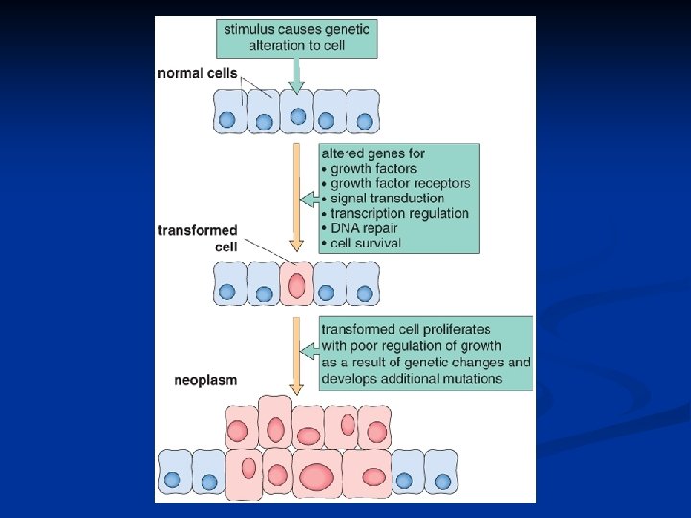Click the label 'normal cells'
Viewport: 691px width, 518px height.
tap(199, 74)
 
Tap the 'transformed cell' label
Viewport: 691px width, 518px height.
tap(199, 238)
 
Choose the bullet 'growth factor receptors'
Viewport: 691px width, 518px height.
tap(400, 183)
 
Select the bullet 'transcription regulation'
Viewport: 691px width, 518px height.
tap(399, 213)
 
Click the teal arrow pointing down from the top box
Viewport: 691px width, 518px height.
tap(298, 75)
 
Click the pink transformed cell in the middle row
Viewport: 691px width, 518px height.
tap(298, 285)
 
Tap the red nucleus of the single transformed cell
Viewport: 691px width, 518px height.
tap(298, 286)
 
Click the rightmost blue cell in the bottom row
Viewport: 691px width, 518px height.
tap(441, 474)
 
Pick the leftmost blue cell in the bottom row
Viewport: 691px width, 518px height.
tap(174, 474)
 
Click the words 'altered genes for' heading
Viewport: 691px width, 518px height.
tap(373, 153)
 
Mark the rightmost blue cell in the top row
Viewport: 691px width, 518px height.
tap(363, 111)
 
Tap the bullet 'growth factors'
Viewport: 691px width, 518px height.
tap(373, 169)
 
